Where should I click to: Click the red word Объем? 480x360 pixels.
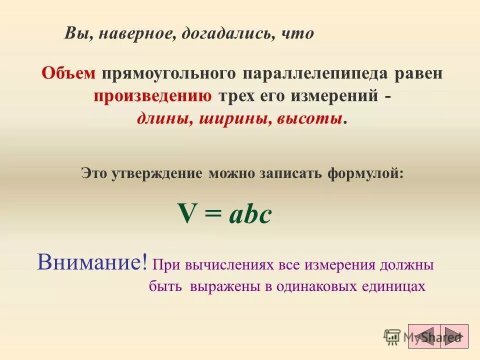(68, 73)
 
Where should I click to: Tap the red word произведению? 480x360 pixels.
(152, 96)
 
